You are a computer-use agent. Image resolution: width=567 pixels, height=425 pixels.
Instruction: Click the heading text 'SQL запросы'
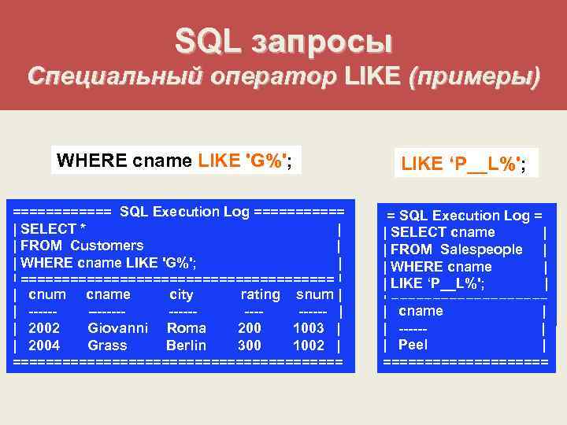click(283, 40)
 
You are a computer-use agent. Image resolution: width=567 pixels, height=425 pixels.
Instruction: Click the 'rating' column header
click(260, 295)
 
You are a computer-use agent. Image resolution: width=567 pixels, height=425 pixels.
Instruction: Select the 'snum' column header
click(314, 295)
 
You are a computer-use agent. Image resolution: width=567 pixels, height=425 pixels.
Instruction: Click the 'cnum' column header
click(46, 295)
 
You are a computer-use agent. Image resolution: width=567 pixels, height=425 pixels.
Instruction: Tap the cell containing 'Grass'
click(108, 346)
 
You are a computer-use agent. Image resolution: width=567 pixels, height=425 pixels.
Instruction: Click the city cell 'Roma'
click(186, 328)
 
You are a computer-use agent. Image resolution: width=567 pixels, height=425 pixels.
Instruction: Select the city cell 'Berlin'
click(186, 346)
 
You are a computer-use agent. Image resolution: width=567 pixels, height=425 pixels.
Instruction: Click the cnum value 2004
click(44, 346)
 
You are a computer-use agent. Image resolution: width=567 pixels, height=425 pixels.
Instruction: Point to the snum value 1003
click(308, 328)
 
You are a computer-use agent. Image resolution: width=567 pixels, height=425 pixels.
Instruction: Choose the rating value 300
click(250, 346)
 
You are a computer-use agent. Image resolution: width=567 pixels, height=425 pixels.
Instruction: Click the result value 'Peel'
click(413, 345)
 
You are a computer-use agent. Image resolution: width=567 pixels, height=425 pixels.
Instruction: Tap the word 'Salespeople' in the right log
click(481, 249)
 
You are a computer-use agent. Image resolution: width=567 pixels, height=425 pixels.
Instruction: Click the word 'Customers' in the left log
click(107, 246)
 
